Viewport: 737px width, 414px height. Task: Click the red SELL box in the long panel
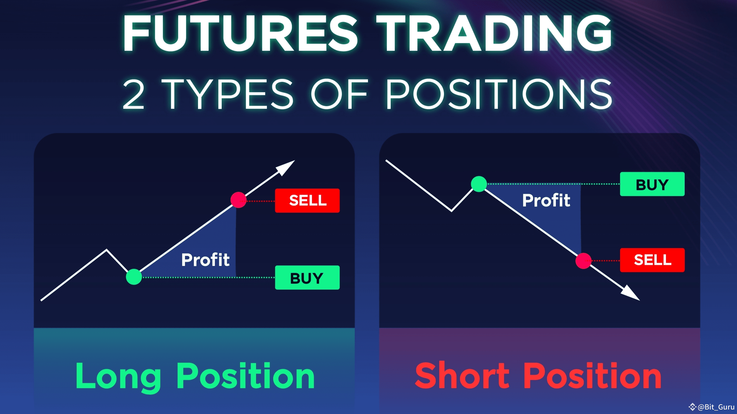point(307,200)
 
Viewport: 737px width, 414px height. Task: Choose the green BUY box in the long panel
point(307,278)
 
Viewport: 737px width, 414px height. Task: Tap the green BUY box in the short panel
point(652,184)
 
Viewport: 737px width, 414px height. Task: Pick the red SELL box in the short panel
point(652,260)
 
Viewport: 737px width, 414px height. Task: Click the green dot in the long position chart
point(134,277)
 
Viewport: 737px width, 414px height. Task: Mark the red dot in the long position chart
point(238,200)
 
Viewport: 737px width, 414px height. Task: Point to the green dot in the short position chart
point(479,184)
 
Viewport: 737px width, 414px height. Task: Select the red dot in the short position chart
point(583,261)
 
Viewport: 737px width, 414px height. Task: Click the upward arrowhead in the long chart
point(286,167)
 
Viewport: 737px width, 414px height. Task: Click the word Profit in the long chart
point(205,260)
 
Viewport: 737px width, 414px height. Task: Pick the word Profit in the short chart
point(546,200)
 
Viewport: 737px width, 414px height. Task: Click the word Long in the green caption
point(118,376)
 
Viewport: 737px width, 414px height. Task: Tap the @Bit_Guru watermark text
point(716,407)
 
